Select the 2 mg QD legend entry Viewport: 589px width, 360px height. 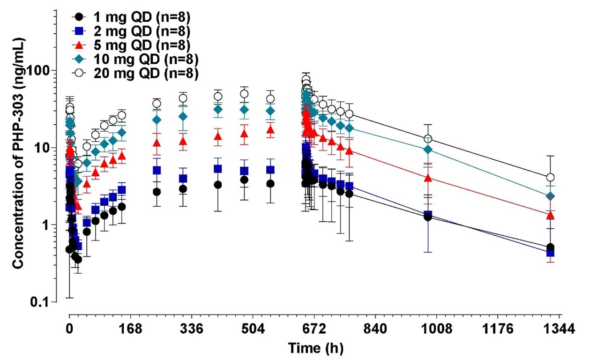[136, 31]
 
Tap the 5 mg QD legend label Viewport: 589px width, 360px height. [136, 45]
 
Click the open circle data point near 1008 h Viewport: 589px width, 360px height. [428, 139]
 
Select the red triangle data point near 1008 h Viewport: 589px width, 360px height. [428, 178]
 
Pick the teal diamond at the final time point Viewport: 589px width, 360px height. [551, 196]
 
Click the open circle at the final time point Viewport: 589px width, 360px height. [551, 178]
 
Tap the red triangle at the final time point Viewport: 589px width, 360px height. [551, 215]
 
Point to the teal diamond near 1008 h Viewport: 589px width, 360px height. [428, 150]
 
